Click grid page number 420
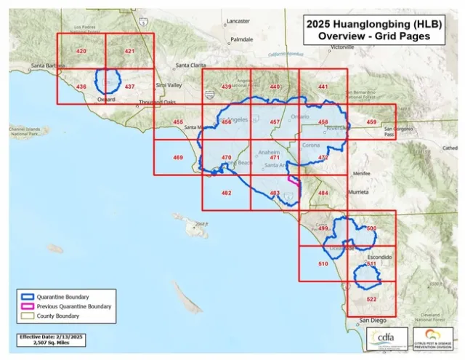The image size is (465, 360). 81,52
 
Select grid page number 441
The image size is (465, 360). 323,87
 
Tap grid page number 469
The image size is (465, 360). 178,158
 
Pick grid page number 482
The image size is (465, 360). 226,193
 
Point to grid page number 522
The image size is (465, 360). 371,300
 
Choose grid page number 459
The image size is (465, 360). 371,122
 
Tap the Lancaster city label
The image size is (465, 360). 238,22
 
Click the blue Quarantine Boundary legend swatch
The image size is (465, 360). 28,297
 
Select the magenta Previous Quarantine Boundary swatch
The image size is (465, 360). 28,306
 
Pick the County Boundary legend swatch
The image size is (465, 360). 28,316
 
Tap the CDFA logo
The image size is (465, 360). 384,339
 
